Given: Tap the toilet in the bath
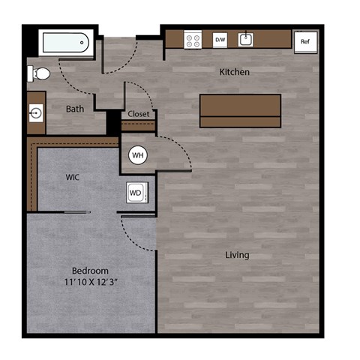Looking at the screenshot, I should [39, 73].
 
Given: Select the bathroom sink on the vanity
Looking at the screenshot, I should [36, 113].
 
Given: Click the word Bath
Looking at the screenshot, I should [75, 109].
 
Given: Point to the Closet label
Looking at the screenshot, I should [139, 115].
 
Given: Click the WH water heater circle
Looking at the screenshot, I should [137, 155].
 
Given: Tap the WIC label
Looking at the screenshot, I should [73, 177].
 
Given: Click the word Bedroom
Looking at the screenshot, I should [90, 270].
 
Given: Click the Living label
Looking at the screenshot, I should [237, 255].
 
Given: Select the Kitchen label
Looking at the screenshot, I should [234, 72].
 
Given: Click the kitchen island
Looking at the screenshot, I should [240, 110].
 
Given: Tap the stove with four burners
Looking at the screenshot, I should [193, 40].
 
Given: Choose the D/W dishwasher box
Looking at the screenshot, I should [220, 40].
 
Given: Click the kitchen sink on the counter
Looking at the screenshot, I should [246, 40].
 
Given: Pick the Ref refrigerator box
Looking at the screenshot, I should [304, 42].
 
